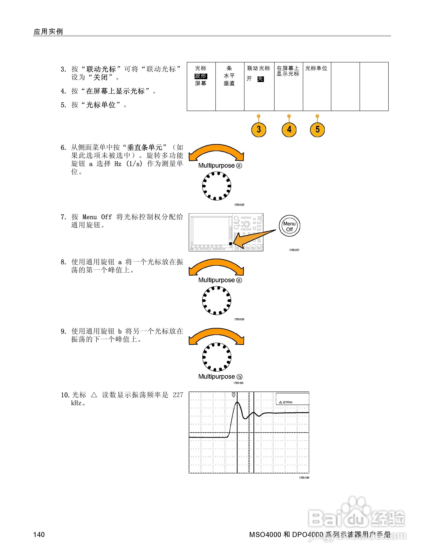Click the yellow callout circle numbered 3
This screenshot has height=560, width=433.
pyautogui.click(x=259, y=130)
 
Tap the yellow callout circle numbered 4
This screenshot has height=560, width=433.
pyautogui.click(x=289, y=130)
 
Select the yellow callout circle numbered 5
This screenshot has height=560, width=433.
pyautogui.click(x=317, y=130)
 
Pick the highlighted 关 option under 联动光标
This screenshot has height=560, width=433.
pyautogui.click(x=260, y=79)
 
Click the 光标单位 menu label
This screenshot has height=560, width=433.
pyautogui.click(x=316, y=68)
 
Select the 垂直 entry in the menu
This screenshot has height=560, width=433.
pyautogui.click(x=229, y=83)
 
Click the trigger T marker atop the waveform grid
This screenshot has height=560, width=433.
pyautogui.click(x=233, y=395)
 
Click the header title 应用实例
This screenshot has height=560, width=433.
pyautogui.click(x=48, y=31)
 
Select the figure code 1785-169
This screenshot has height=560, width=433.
pyautogui.click(x=304, y=478)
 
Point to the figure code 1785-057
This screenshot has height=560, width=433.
pyautogui.click(x=294, y=250)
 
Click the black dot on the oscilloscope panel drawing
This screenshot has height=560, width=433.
pyautogui.click(x=231, y=244)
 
